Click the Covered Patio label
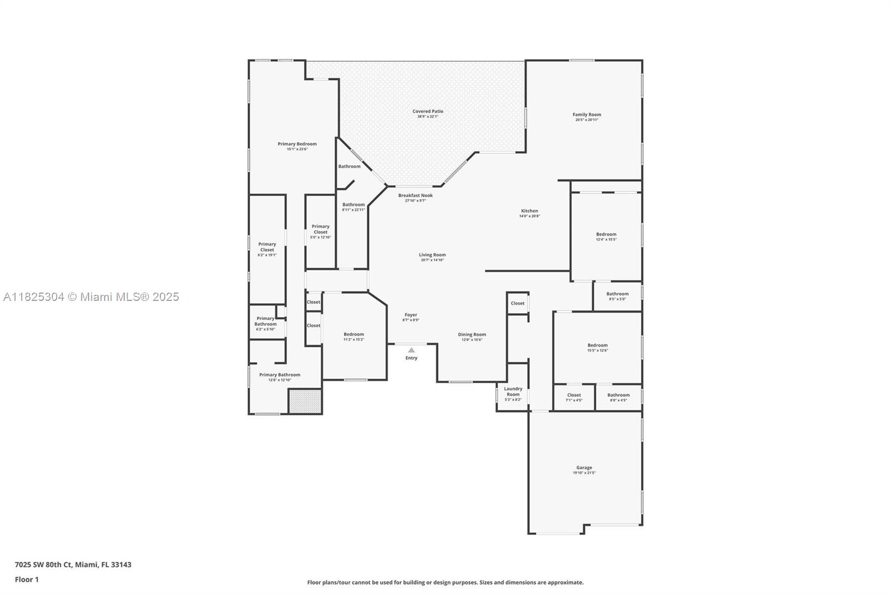click(428, 111)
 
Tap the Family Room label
click(586, 115)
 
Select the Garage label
click(584, 468)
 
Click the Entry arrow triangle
click(411, 350)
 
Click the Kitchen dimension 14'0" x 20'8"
click(529, 216)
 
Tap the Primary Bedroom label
click(297, 144)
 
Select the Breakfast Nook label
click(415, 196)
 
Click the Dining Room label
click(472, 334)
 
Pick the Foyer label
click(410, 315)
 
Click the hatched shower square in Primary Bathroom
click(305, 401)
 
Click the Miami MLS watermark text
click(91, 297)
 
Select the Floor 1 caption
click(27, 580)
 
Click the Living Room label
click(432, 255)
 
